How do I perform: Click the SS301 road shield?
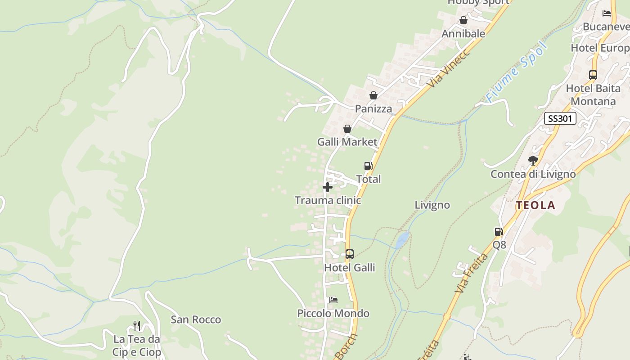pyautogui.click(x=560, y=118)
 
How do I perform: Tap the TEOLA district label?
pyautogui.click(x=535, y=206)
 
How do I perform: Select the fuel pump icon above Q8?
pyautogui.click(x=499, y=232)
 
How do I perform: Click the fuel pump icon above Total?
pyautogui.click(x=368, y=166)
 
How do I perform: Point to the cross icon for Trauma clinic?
pyautogui.click(x=328, y=187)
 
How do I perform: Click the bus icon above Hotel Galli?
pyautogui.click(x=350, y=254)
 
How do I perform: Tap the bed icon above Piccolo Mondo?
pyautogui.click(x=333, y=300)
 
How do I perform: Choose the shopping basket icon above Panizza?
pyautogui.click(x=373, y=95)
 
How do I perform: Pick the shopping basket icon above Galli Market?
pyautogui.click(x=347, y=129)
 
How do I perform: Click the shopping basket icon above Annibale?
pyautogui.click(x=463, y=21)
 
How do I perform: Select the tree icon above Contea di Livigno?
pyautogui.click(x=533, y=160)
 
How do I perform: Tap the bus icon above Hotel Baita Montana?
pyautogui.click(x=593, y=75)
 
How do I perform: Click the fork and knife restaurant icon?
pyautogui.click(x=137, y=325)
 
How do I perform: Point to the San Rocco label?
pyautogui.click(x=196, y=319)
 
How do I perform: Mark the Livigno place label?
pyautogui.click(x=432, y=205)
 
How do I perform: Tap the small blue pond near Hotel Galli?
pyautogui.click(x=402, y=239)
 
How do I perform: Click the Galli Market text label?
pyautogui.click(x=347, y=142)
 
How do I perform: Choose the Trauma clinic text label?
pyautogui.click(x=328, y=200)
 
